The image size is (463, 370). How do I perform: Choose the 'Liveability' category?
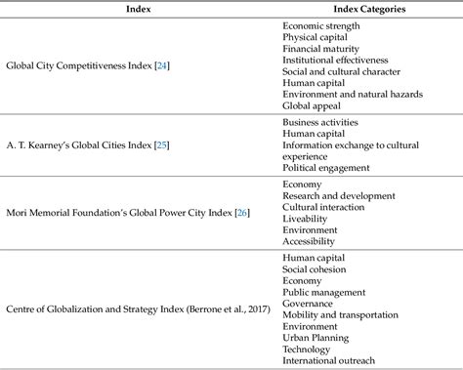307,218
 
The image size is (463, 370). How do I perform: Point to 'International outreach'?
328,359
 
